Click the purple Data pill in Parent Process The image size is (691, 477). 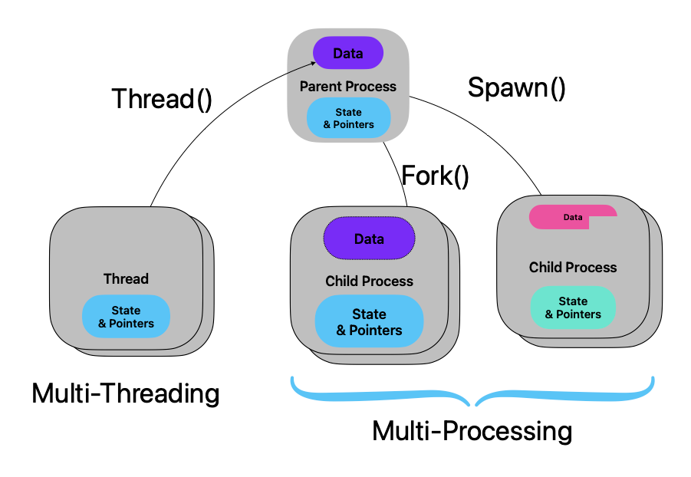347,54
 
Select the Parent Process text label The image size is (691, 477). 348,87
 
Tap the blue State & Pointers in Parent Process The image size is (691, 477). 348,118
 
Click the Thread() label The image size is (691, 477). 162,99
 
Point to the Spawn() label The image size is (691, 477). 517,87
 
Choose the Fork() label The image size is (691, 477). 435,176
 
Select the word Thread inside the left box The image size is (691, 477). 126,278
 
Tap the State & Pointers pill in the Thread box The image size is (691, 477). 126,317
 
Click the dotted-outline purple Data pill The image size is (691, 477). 369,238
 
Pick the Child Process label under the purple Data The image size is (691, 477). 369,281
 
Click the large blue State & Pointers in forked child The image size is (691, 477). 369,322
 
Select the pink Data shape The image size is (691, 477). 572,216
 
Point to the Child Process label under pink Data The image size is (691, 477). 573,268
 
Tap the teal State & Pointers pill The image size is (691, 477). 573,308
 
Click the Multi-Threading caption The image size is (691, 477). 126,393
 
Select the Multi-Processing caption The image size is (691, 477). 472,431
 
